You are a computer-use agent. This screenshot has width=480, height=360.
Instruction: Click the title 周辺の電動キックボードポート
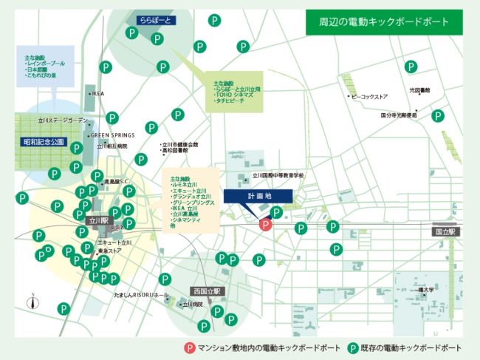(x=383, y=22)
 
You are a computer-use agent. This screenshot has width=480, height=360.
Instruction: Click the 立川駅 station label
(x=98, y=220)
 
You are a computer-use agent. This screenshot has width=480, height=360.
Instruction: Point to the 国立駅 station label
(x=447, y=231)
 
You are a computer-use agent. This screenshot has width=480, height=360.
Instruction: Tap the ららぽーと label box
(x=154, y=21)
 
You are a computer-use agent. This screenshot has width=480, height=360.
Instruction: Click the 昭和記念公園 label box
(x=44, y=141)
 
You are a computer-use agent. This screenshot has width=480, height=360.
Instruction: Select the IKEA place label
(x=97, y=94)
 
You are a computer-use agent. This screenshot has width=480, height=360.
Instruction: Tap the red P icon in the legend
(x=190, y=347)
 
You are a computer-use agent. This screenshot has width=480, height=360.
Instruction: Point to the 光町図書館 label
(x=419, y=90)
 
